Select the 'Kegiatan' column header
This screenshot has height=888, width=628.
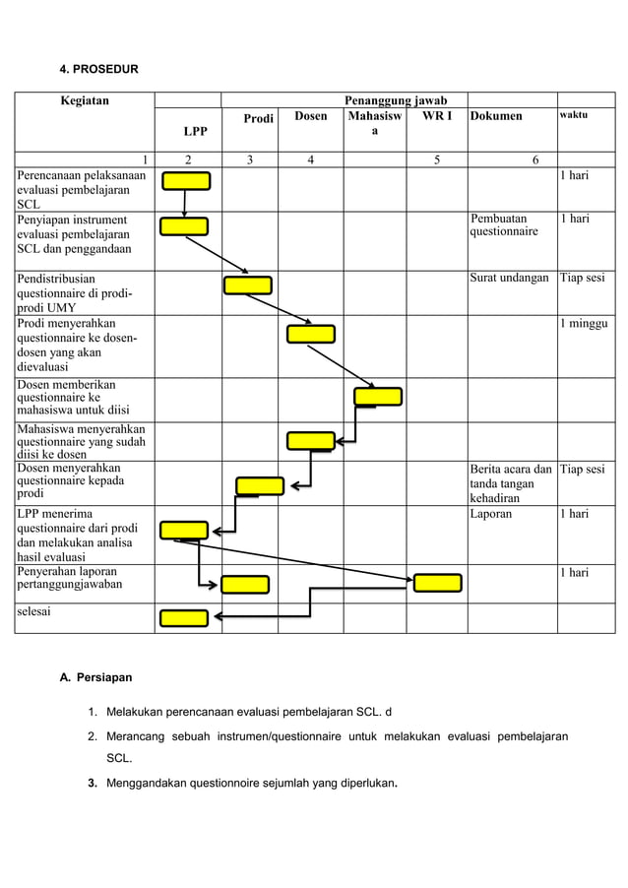[86, 100]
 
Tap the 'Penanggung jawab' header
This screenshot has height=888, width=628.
[395, 100]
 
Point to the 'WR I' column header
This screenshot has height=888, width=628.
[436, 117]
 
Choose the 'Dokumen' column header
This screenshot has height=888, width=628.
[496, 117]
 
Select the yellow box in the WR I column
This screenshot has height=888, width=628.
[437, 583]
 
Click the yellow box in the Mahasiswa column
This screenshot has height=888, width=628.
[378, 397]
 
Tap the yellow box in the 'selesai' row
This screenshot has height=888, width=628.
[185, 618]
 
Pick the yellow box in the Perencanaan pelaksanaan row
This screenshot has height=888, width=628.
[186, 180]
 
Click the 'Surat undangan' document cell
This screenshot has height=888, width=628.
[510, 279]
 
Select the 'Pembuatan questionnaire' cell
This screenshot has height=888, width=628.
[504, 225]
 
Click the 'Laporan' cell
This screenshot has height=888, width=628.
[491, 514]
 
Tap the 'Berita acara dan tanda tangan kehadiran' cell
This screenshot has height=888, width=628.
[510, 483]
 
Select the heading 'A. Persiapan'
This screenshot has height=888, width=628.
[96, 677]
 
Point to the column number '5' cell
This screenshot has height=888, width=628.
[436, 160]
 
